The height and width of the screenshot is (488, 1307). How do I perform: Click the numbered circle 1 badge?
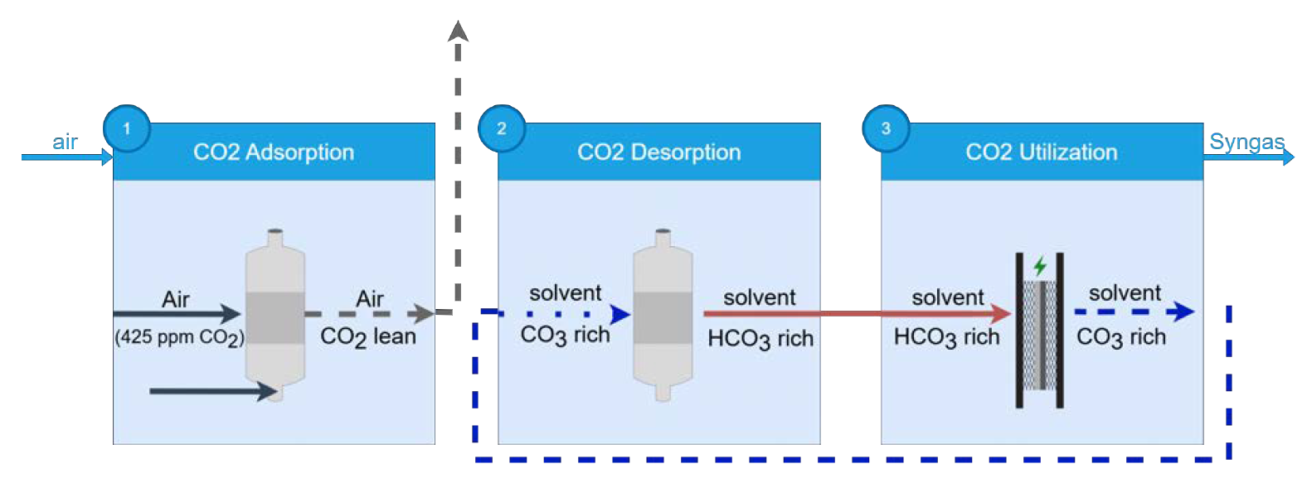[126, 128]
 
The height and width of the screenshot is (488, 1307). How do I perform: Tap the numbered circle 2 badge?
[502, 128]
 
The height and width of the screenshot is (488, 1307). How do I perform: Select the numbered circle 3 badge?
[886, 128]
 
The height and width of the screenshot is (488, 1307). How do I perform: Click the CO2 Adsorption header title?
[274, 152]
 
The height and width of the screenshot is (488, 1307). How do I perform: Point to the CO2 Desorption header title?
[658, 152]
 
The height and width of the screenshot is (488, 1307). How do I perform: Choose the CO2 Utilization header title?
[1042, 152]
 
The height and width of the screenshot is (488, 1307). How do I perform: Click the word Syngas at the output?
[1246, 142]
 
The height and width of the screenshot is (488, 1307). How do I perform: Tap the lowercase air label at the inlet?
[65, 142]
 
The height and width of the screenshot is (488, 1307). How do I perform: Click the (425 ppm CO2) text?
[179, 337]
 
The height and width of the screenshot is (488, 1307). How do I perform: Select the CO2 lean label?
[368, 336]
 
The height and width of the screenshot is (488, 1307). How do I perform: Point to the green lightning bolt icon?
[1040, 267]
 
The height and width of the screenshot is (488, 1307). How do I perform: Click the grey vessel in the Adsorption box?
[275, 316]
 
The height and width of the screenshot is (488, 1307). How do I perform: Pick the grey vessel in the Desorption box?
[663, 316]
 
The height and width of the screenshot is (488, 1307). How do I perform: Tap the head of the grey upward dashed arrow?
[458, 31]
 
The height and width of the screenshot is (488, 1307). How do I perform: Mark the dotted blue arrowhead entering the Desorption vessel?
[619, 314]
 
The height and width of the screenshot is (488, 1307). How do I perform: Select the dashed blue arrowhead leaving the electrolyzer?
[1183, 312]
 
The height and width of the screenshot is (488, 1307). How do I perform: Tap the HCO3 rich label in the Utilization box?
[946, 337]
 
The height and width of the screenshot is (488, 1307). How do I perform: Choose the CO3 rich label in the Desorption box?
[565, 335]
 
